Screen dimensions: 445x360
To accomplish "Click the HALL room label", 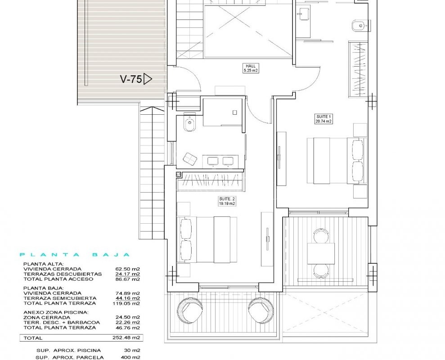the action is click(x=251, y=66).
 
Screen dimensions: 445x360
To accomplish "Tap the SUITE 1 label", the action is click(x=324, y=117).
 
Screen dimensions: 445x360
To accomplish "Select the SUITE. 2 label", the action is click(x=227, y=199).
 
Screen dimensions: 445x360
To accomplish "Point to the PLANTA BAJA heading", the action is click(x=75, y=255).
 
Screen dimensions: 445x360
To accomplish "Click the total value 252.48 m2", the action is click(x=126, y=338).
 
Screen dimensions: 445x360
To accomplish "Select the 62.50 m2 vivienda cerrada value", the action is click(x=127, y=269).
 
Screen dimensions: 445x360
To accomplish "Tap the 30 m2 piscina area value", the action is click(x=132, y=351).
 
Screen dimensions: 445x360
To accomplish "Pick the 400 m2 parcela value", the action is click(x=130, y=357).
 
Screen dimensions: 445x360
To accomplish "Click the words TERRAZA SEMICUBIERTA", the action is click(x=60, y=298).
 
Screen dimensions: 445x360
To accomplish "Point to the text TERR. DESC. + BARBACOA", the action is click(x=62, y=322).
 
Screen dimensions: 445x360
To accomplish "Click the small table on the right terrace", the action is click(x=321, y=253).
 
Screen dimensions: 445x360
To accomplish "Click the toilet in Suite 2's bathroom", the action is click(x=189, y=123).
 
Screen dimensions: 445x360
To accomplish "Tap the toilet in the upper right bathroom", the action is click(x=360, y=26).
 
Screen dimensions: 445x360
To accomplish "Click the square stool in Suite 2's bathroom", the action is click(x=190, y=159).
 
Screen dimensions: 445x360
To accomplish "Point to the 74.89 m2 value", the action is click(x=127, y=293).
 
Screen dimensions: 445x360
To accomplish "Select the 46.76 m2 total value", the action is click(x=127, y=327).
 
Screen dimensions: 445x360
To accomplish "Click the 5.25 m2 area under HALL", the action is click(x=251, y=70).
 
